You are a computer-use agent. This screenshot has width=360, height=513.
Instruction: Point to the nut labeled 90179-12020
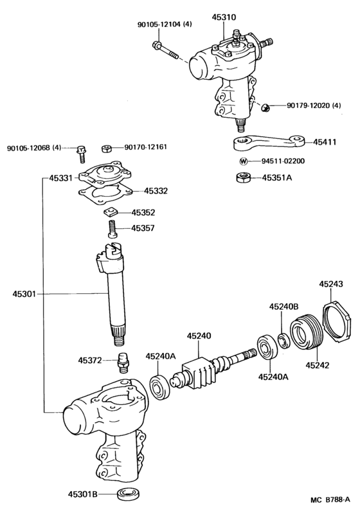pos(264,104)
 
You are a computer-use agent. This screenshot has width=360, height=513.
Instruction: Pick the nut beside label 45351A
pos(243,178)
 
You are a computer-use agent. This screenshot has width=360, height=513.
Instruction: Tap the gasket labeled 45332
pos(107,192)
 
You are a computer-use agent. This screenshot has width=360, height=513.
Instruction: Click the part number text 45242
pos(317,365)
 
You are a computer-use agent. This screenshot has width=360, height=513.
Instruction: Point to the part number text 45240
pos(199,335)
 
